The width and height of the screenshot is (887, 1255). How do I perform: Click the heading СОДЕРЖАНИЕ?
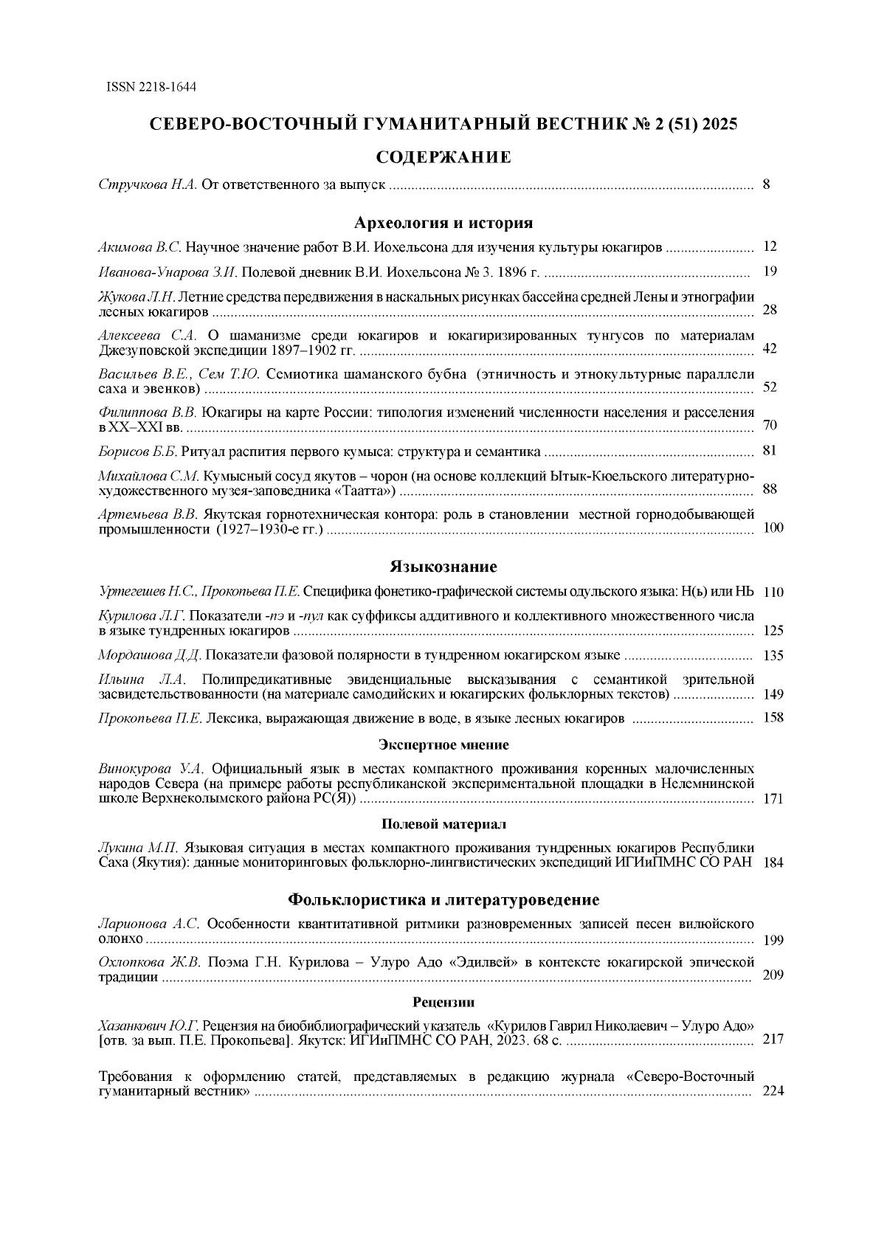coord(443,157)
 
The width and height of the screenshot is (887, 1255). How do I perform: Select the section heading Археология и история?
coord(443,223)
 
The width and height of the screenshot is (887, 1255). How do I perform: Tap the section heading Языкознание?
coord(443,567)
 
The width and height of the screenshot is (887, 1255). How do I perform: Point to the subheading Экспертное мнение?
coord(443,744)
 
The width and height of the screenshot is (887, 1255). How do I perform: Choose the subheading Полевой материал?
coord(443,824)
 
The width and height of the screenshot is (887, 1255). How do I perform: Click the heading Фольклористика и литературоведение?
coord(443,899)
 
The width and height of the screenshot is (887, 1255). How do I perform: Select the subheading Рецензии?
coord(443,1002)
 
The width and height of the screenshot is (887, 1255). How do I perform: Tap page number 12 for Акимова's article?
coord(770,246)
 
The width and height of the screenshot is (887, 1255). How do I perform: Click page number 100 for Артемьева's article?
coord(772,528)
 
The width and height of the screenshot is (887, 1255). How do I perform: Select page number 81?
coord(770,451)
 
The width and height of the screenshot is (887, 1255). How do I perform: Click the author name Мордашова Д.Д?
coord(151,655)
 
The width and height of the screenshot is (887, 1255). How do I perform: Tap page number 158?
coord(772,717)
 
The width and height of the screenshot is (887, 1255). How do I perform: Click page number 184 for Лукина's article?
coord(772,862)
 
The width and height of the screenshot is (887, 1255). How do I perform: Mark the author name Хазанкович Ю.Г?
coord(149,1026)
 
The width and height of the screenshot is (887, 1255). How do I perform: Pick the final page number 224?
coord(772,1091)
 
